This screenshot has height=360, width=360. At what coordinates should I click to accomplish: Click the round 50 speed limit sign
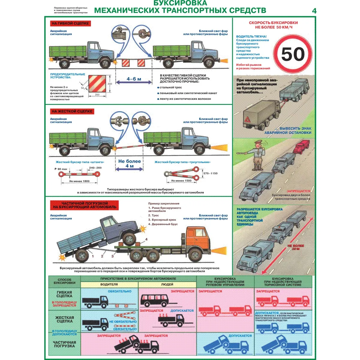pyautogui.click(x=293, y=55)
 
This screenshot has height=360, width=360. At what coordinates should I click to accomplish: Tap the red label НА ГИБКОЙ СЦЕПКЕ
pyautogui.click(x=70, y=23)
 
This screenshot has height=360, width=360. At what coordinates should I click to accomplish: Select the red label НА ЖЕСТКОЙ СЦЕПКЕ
pyautogui.click(x=72, y=112)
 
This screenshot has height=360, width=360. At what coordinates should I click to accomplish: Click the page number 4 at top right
pyautogui.click(x=314, y=11)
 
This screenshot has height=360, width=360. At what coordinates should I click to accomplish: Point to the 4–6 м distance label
pyautogui.click(x=134, y=79)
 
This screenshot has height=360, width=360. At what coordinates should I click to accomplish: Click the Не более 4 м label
pyautogui.click(x=130, y=163)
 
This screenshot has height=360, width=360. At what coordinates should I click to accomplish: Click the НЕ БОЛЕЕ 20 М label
pyautogui.click(x=295, y=247)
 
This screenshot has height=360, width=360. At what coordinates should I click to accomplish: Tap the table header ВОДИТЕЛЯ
pyautogui.click(x=109, y=284)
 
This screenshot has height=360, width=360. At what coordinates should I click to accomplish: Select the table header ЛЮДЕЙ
pyautogui.click(x=167, y=284)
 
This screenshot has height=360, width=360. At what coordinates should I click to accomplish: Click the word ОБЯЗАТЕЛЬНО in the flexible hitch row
pyautogui.click(x=119, y=291)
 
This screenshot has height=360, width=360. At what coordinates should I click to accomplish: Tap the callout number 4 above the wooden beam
pyautogui.click(x=146, y=239)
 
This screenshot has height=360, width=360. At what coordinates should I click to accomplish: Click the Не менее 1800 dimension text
pyautogui.click(x=79, y=181)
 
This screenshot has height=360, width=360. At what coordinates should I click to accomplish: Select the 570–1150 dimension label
pyautogui.click(x=210, y=173)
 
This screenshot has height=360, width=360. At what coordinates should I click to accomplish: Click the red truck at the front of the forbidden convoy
pyautogui.click(x=302, y=146)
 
